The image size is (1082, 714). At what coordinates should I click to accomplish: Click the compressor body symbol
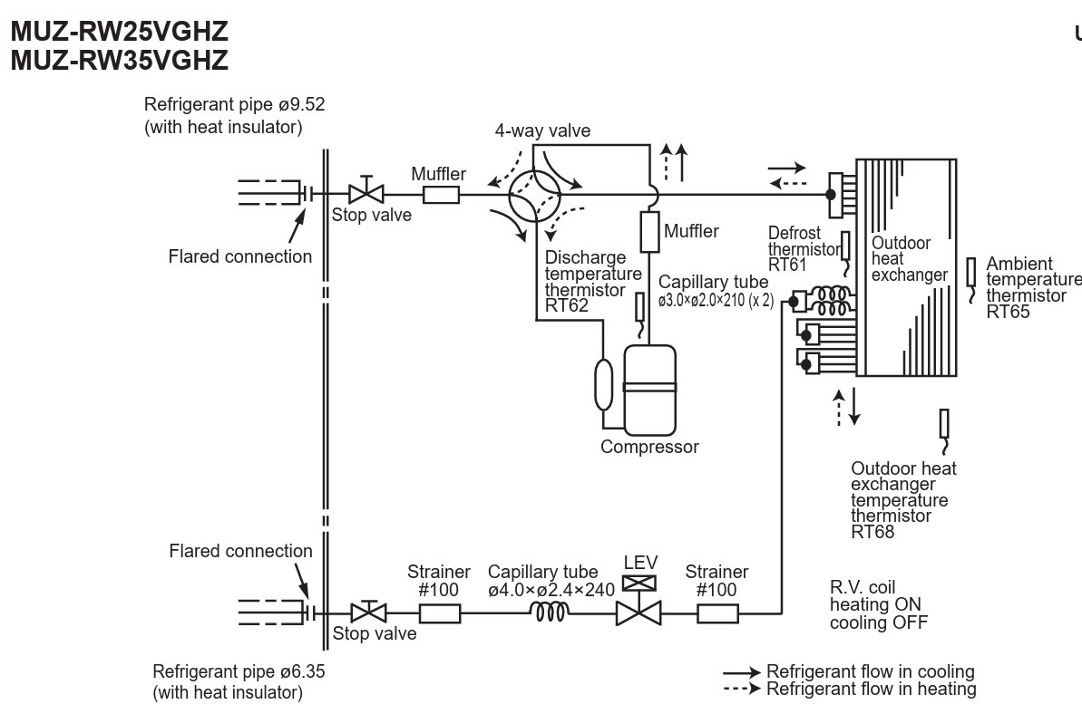(x=649, y=391)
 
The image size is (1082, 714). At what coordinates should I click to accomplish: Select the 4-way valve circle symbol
(x=535, y=195)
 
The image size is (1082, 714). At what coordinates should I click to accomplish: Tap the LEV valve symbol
(x=638, y=603)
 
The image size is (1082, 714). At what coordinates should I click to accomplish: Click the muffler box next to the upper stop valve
(x=441, y=195)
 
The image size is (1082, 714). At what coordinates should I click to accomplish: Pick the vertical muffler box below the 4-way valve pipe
(x=650, y=232)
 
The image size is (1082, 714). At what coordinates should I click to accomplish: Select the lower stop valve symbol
(x=368, y=612)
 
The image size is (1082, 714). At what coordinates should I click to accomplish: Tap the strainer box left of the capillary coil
(x=440, y=613)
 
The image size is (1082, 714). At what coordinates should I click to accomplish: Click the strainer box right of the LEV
(x=717, y=613)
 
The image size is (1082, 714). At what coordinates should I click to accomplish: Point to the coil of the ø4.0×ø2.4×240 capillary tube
(x=550, y=612)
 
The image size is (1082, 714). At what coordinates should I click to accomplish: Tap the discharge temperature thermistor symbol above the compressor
(x=640, y=315)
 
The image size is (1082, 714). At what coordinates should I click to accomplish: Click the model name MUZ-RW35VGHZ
(x=120, y=61)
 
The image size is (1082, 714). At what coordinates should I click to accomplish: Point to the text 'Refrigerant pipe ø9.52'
(x=235, y=105)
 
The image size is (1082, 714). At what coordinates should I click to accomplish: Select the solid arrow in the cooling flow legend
(x=742, y=672)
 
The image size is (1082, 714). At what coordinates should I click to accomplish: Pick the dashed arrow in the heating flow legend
(x=742, y=689)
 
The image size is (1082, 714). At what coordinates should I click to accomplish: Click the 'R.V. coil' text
(x=863, y=588)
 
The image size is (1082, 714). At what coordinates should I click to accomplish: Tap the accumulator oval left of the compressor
(x=604, y=384)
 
